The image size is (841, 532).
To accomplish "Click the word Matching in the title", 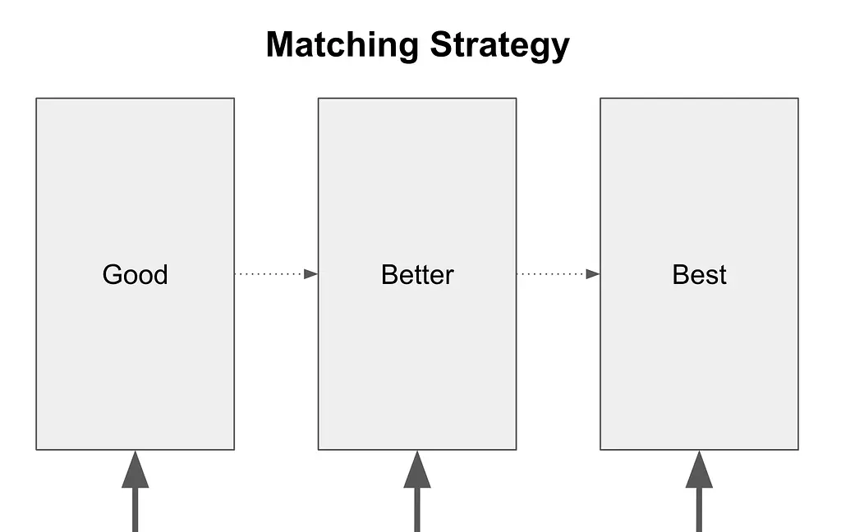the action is [x=342, y=46].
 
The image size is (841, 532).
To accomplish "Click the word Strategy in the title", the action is [x=499, y=46].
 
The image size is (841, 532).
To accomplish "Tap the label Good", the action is [x=136, y=274].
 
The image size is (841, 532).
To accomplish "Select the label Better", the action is [x=417, y=274].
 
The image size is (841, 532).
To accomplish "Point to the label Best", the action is [x=700, y=274].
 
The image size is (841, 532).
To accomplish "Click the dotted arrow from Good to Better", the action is [x=276, y=274].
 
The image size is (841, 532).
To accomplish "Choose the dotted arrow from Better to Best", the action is [x=558, y=274].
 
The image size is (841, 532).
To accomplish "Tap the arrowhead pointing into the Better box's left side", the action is [x=311, y=274].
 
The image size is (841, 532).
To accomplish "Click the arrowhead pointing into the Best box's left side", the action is [x=593, y=274].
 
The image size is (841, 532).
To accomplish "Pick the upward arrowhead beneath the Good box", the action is [x=136, y=470].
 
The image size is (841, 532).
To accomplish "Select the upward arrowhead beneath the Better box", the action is [x=417, y=470].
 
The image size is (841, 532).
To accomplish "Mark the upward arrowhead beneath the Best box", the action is [x=700, y=470].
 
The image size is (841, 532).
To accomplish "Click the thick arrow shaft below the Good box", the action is [x=136, y=510].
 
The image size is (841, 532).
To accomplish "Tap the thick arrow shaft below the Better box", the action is [x=417, y=510].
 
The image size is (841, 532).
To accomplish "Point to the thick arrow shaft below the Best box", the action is [x=700, y=510].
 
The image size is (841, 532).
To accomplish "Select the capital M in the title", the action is [x=280, y=44].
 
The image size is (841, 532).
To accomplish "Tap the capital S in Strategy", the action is [x=441, y=44].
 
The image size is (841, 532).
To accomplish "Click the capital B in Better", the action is [x=389, y=274].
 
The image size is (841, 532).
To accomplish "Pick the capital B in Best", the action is [x=681, y=274].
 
